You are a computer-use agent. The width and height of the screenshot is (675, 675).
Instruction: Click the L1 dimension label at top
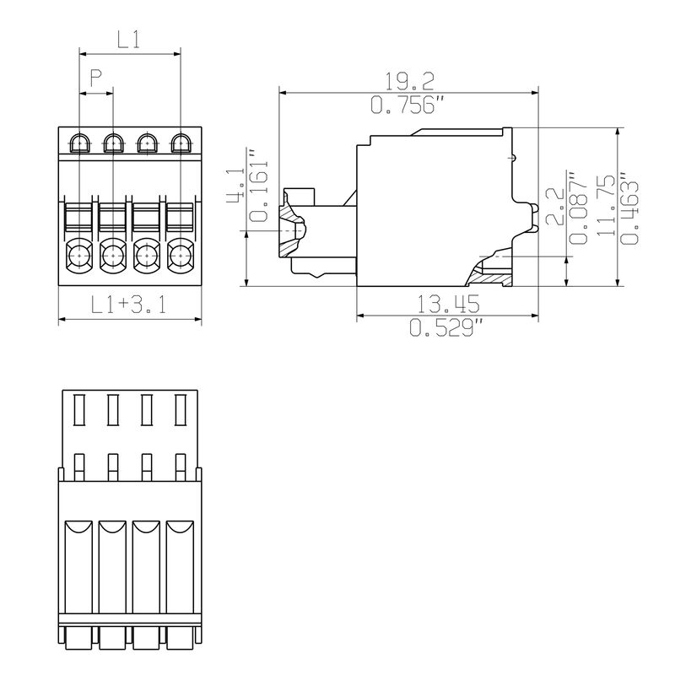pos(128,39)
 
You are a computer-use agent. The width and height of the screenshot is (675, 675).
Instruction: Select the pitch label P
pos(95,78)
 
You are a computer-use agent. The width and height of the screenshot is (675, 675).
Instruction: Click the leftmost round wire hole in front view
pos(78,253)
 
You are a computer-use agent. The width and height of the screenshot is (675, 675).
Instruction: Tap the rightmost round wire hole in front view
pos(180,253)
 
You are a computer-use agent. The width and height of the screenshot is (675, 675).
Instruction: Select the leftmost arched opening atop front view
pos(78,143)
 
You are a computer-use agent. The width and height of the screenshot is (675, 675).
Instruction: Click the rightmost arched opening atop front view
pos(180,143)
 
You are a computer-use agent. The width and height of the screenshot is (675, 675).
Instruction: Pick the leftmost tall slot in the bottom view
pos(78,410)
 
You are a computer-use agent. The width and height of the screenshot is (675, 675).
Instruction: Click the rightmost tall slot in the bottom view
pos(180,410)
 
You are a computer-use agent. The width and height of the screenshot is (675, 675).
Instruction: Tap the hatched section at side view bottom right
pos(493,273)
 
